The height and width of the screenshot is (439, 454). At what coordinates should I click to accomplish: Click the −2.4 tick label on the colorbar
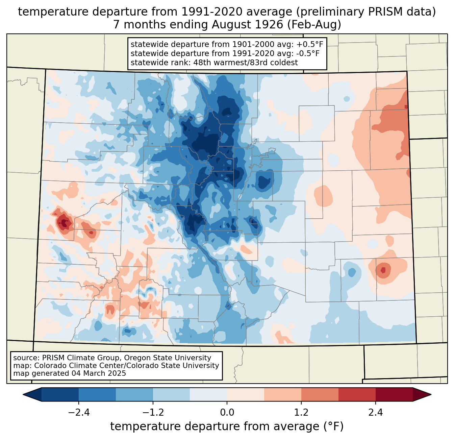pyautogui.click(x=79, y=413)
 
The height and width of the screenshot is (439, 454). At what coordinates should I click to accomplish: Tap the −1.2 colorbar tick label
pyautogui.click(x=153, y=413)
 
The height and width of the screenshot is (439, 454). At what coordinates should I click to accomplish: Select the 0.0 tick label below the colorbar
pyautogui.click(x=227, y=413)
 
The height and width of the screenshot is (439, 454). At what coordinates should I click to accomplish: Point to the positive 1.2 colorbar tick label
pyautogui.click(x=301, y=413)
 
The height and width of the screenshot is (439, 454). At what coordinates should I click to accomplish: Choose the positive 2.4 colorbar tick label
pyautogui.click(x=375, y=413)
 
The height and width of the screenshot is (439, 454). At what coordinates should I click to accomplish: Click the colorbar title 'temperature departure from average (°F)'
pyautogui.click(x=227, y=426)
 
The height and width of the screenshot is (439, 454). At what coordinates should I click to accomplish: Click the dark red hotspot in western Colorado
pyautogui.click(x=63, y=223)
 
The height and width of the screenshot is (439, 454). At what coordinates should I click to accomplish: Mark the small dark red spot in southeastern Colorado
pyautogui.click(x=383, y=270)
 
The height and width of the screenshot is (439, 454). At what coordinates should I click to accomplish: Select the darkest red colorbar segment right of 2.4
pyautogui.click(x=394, y=394)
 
